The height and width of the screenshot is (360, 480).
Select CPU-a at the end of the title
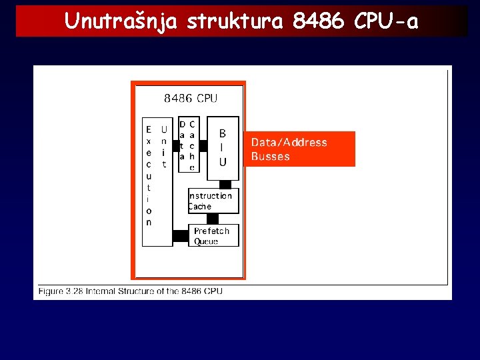tap(387, 22)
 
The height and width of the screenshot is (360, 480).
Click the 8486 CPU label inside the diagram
tap(191, 99)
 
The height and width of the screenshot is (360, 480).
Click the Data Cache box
tap(188, 144)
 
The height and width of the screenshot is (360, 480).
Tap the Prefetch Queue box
tap(215, 235)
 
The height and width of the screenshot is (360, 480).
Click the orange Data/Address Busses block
tap(299, 149)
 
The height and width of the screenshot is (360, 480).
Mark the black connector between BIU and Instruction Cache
tap(225, 184)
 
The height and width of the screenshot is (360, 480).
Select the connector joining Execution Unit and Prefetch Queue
tap(181, 235)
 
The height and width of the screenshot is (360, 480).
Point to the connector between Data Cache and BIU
tap(203, 145)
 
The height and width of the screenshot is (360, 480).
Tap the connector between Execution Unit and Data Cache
tap(176, 145)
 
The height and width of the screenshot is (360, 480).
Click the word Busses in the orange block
tap(271, 157)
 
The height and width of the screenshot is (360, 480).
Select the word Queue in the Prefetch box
tap(206, 241)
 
